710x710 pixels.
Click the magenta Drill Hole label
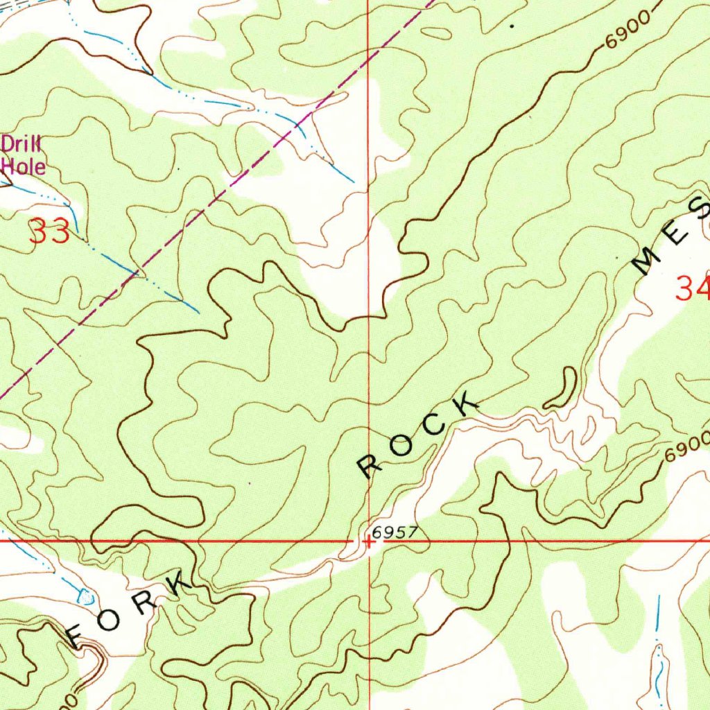[x=24, y=155]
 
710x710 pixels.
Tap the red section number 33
[x=49, y=232]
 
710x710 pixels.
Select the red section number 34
[x=692, y=287]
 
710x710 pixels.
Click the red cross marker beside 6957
[x=370, y=542]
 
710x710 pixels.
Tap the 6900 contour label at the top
[x=628, y=31]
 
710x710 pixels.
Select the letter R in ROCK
[x=371, y=467]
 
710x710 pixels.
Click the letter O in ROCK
[x=401, y=447]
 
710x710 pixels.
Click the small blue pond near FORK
[x=86, y=595]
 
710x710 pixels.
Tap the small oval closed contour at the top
[x=435, y=32]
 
